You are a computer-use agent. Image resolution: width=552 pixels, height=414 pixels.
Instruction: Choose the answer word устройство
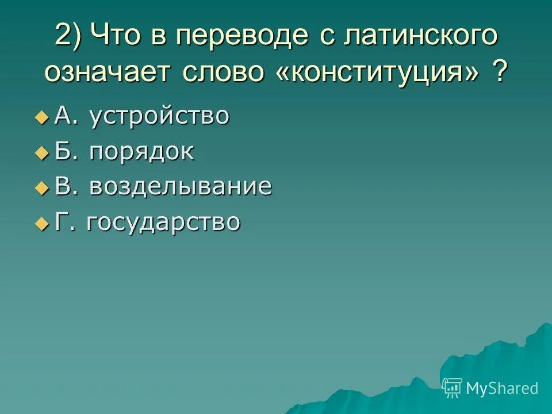click(159, 117)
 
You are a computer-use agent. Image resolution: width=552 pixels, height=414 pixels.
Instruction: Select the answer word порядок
click(141, 152)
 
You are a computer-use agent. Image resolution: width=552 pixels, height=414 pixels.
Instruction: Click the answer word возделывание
click(180, 187)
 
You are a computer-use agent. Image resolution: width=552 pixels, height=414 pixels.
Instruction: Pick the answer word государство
click(163, 222)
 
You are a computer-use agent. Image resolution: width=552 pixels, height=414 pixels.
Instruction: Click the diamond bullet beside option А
click(41, 118)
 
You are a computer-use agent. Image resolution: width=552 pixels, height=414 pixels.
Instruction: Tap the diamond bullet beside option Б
click(41, 153)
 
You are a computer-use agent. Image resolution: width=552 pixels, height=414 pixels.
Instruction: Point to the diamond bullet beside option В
click(41, 188)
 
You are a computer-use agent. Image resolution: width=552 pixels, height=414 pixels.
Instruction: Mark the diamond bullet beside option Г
click(41, 223)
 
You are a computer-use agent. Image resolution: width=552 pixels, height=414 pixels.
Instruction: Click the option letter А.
click(62, 116)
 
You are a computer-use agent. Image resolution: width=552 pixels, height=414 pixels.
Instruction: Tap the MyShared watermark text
click(502, 388)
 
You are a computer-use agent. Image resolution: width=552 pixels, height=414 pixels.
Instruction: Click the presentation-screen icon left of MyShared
click(453, 388)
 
